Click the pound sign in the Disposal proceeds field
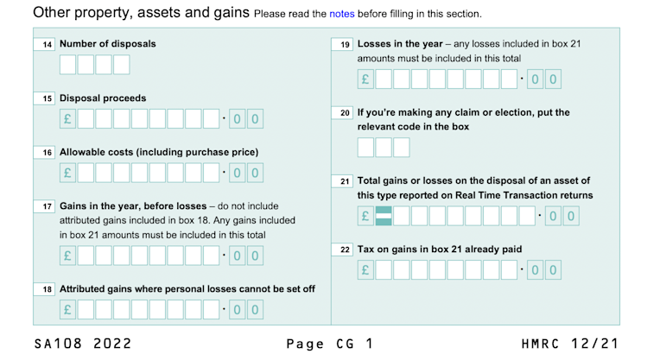(x=68, y=119)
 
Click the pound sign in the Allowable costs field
(x=68, y=173)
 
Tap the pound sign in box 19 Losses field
(x=365, y=80)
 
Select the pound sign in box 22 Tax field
(x=365, y=271)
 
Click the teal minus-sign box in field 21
(x=384, y=216)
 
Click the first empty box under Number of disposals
(x=68, y=65)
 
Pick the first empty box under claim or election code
(x=365, y=147)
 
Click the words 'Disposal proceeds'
(x=103, y=98)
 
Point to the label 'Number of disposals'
(x=108, y=44)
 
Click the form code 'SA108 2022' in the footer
(x=83, y=344)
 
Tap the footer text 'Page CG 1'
(x=331, y=344)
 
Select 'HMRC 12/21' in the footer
(x=570, y=344)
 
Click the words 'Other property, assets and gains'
(x=141, y=13)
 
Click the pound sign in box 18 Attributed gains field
(x=68, y=309)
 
